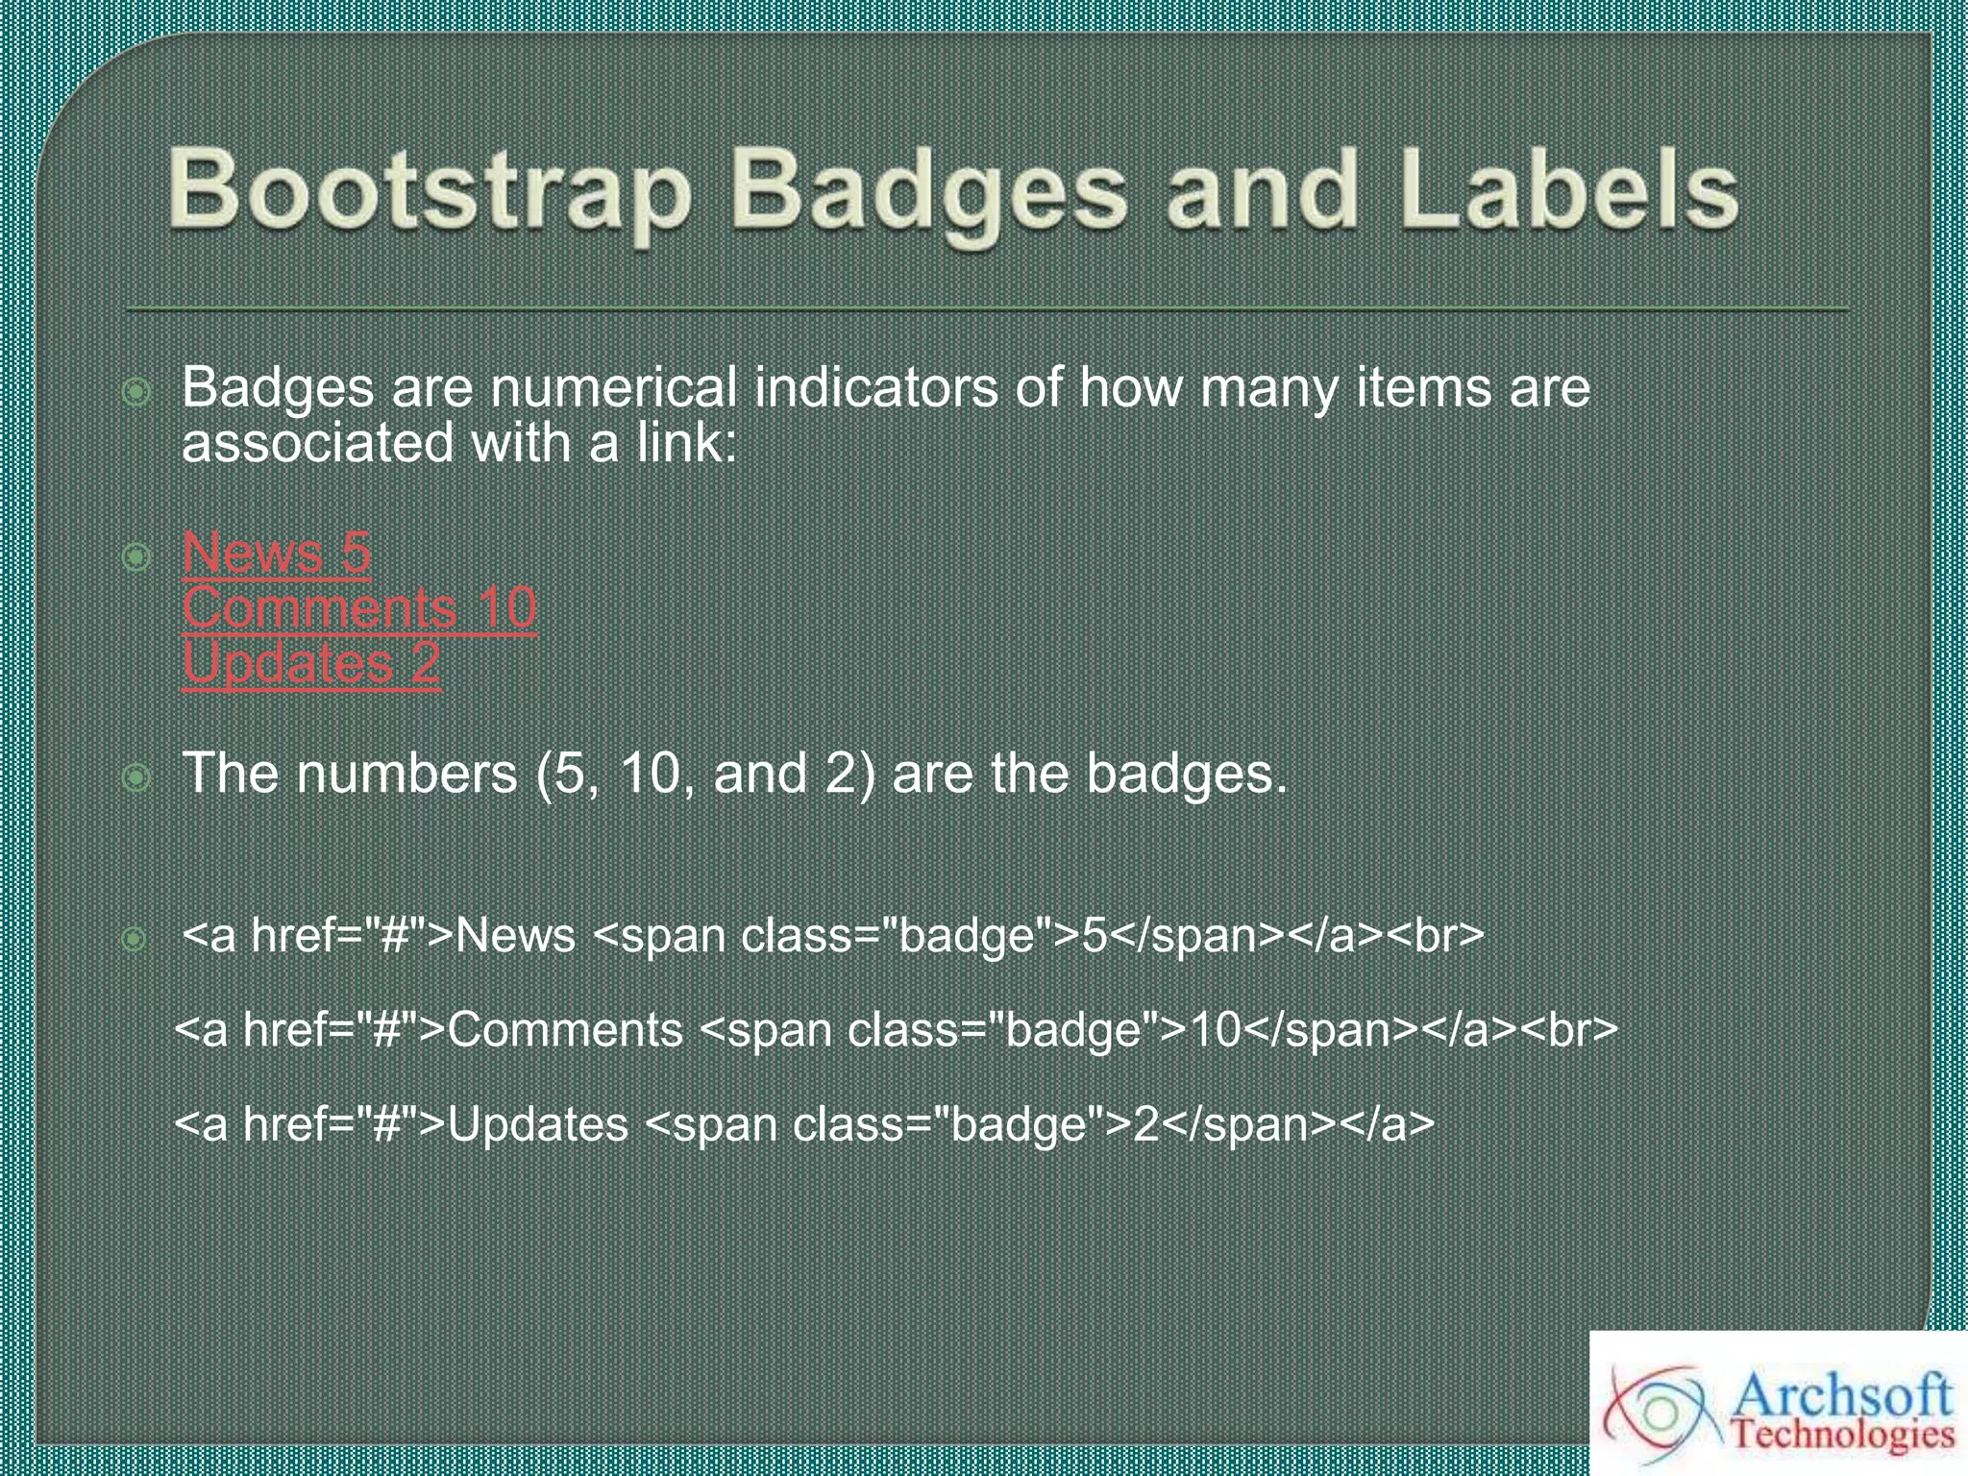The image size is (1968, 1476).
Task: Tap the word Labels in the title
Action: click(1568, 188)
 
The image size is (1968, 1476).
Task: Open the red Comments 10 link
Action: click(358, 607)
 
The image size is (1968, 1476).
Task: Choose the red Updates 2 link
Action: click(310, 663)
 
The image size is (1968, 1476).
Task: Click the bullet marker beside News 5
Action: click(136, 555)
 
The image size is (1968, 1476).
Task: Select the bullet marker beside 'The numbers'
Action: click(136, 776)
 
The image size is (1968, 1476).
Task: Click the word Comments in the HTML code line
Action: click(565, 1030)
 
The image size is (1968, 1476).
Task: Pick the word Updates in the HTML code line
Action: click(538, 1124)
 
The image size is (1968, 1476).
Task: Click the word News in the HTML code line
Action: click(515, 935)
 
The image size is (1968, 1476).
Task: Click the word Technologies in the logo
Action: click(1843, 1437)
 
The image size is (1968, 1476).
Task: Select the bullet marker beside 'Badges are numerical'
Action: click(136, 391)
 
